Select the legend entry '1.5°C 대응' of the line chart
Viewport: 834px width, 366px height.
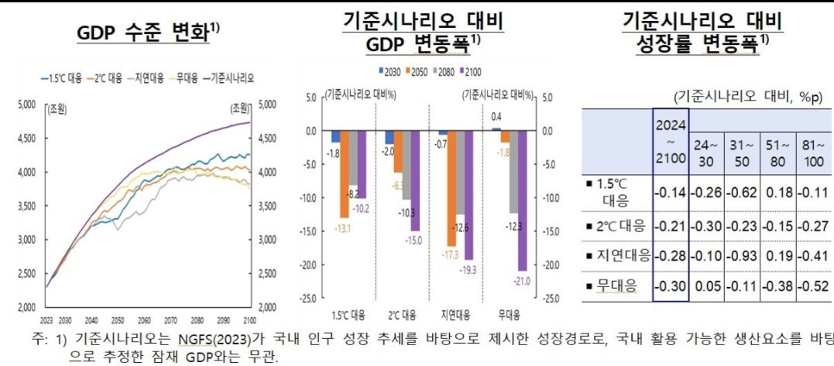(x=63, y=78)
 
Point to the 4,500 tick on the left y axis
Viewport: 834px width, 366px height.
(x=26, y=139)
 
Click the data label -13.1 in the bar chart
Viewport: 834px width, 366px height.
(x=343, y=227)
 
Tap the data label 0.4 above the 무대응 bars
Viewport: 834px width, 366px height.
(x=496, y=117)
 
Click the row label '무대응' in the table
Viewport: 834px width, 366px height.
(x=614, y=285)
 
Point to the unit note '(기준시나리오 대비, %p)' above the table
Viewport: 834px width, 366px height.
(x=744, y=97)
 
